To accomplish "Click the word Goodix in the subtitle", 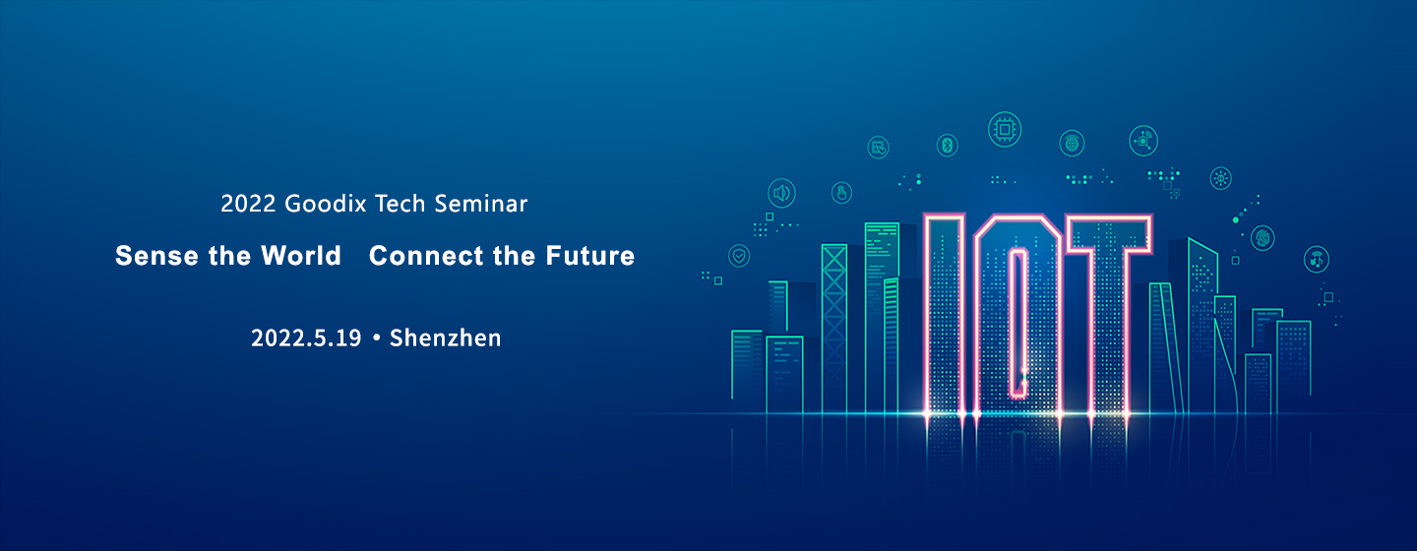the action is point(325,204).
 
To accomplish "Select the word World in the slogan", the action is point(301,256).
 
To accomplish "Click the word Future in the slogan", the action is point(590,256).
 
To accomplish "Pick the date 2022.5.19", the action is point(306,337).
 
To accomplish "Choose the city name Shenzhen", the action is point(446,337).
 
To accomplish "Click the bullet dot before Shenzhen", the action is point(376,338).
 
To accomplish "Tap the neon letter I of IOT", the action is point(945,316).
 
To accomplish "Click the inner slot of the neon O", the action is point(1017,324).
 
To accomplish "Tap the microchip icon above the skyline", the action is point(1005,130).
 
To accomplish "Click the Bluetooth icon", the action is point(947,146).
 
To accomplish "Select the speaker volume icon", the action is point(782,193).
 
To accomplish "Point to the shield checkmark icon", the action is point(739,256).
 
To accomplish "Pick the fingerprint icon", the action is point(1263,238).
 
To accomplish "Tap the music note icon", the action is point(1317,259).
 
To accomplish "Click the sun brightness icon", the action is point(1220,178).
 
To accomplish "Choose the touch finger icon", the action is point(841,192).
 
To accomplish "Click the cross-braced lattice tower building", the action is point(834,329).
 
